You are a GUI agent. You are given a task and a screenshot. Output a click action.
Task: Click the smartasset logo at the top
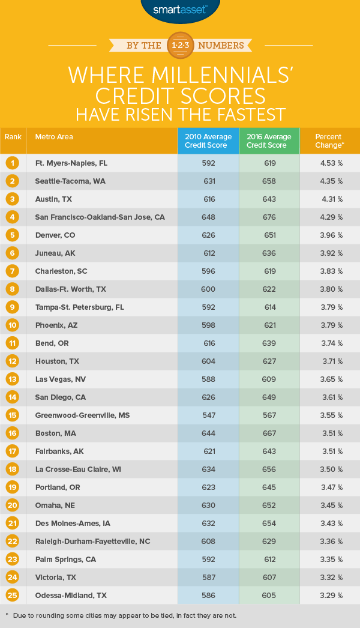click(179, 9)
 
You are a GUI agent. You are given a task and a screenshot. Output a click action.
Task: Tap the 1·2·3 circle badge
click(180, 45)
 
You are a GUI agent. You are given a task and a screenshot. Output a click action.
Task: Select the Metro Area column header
click(54, 137)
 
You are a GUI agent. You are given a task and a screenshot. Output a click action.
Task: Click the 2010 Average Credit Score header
click(208, 140)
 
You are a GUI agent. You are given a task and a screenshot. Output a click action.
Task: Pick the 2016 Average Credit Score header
click(269, 140)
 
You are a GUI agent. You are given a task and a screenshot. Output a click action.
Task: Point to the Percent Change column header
click(329, 140)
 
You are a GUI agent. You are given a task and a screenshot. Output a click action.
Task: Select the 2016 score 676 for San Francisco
click(269, 217)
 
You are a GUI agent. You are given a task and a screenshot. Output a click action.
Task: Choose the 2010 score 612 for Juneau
click(208, 253)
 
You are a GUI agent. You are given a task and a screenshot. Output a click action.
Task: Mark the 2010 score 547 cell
click(208, 415)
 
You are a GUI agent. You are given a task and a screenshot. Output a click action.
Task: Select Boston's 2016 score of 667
click(269, 433)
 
